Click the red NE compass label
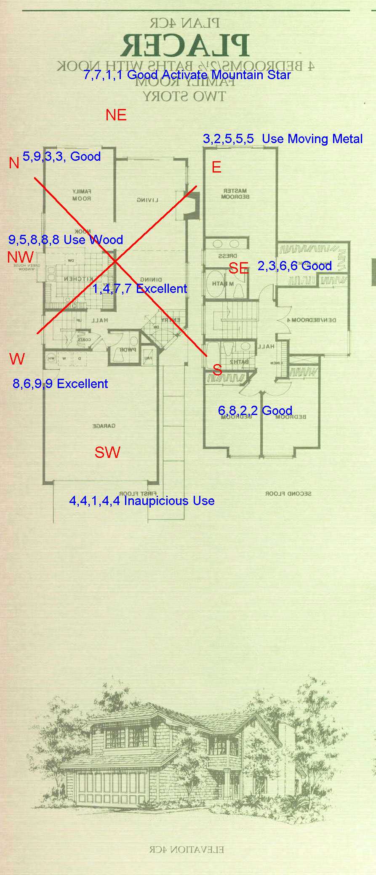116,115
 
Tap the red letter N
14,163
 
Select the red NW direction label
20,257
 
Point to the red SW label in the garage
107,452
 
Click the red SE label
238,268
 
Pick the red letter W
17,359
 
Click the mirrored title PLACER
185,46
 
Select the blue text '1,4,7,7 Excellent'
139,289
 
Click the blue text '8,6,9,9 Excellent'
60,384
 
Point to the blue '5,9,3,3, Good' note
61,157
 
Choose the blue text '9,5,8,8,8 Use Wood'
66,240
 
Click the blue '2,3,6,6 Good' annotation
294,266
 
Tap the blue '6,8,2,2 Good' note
255,410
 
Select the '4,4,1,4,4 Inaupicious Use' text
142,501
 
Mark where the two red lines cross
115,261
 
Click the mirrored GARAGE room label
104,426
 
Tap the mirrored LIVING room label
147,200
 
